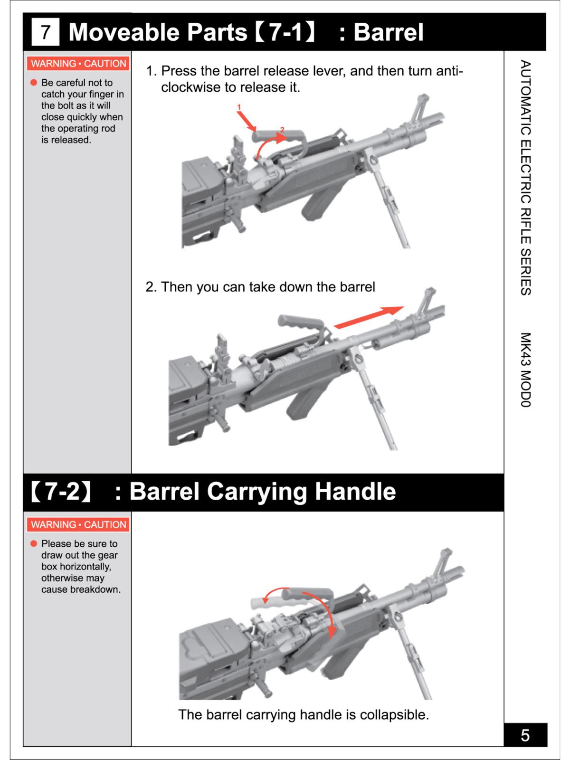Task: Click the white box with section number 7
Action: click(46, 32)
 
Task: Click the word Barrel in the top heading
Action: click(388, 32)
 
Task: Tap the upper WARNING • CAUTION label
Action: click(78, 64)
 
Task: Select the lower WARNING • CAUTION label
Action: click(78, 524)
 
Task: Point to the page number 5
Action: click(525, 735)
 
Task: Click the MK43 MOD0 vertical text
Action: click(525, 370)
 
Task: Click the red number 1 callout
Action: click(239, 107)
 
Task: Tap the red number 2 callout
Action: click(282, 129)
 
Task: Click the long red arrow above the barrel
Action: click(368, 317)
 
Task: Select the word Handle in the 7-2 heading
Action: click(355, 491)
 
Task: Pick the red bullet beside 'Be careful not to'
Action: click(34, 83)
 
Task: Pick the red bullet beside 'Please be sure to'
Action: click(34, 543)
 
